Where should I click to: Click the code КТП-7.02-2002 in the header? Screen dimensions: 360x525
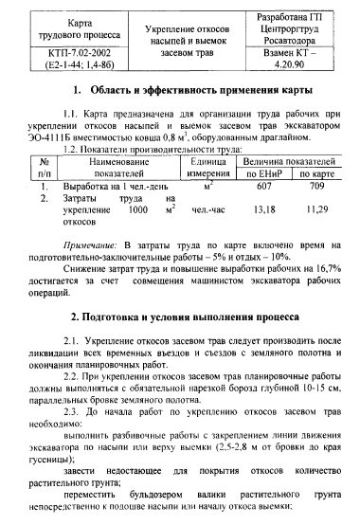pyautogui.click(x=67, y=56)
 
